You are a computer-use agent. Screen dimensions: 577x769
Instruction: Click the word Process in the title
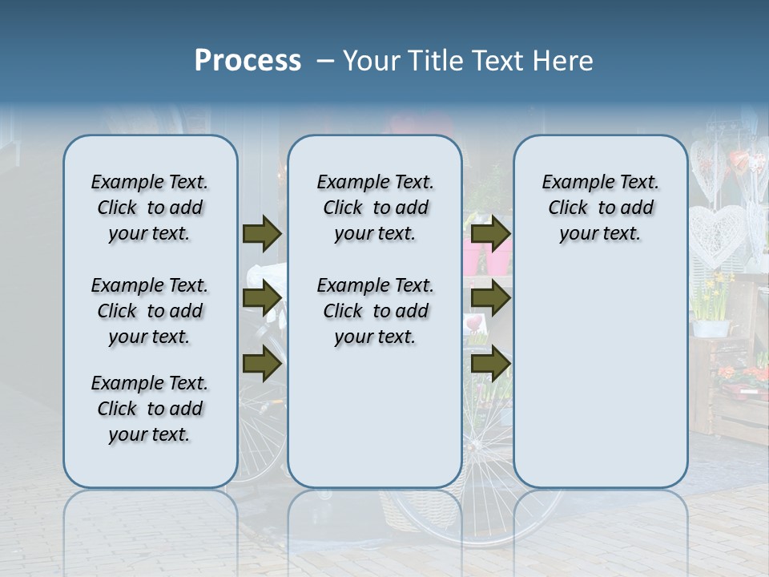(248, 61)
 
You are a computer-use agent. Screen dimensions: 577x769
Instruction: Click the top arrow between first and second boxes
(262, 233)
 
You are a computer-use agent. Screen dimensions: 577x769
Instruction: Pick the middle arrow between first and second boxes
(262, 298)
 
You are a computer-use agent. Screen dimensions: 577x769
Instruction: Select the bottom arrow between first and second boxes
(262, 365)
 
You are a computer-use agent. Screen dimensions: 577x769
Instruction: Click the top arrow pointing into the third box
(491, 233)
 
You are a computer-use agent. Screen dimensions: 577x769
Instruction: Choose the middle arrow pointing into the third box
(491, 298)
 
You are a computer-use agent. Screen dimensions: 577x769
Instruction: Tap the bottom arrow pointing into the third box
(491, 365)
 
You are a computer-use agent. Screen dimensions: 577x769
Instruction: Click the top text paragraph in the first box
(150, 208)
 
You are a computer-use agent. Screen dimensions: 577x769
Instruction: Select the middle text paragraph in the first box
(150, 311)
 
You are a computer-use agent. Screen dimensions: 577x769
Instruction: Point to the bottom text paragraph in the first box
(150, 409)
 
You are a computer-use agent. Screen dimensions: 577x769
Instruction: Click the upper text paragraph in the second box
(375, 208)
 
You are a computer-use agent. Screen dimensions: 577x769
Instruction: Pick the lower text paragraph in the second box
(375, 311)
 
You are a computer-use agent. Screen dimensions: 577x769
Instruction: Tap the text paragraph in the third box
(600, 208)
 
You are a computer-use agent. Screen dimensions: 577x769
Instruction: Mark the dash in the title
(325, 61)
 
